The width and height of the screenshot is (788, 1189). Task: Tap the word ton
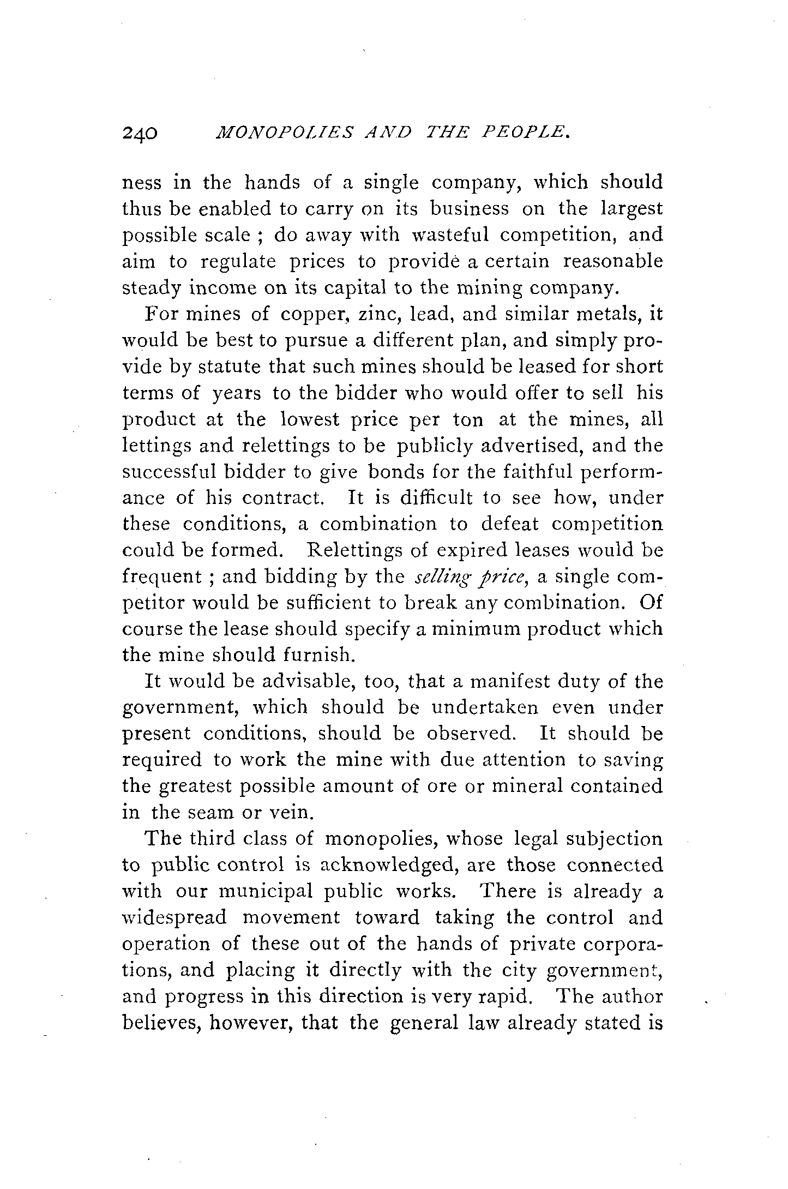(x=468, y=419)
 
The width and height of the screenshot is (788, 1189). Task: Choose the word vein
(x=291, y=813)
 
